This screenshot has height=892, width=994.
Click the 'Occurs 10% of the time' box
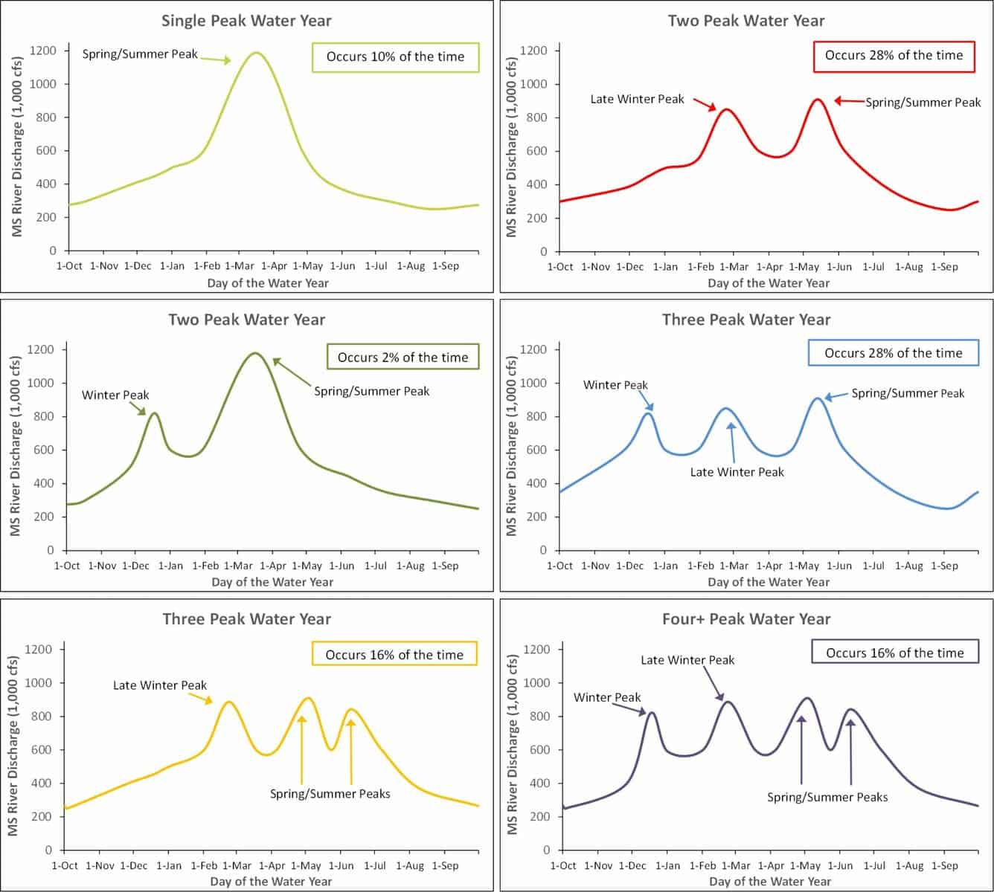395,57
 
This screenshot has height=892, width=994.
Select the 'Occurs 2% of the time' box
403,357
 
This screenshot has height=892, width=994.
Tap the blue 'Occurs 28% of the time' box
894,353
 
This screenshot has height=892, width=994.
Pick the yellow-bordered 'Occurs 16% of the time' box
394,654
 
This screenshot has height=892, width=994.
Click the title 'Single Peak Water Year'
247,21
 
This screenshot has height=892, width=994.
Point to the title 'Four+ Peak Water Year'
746,619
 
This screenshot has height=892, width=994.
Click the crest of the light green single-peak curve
256,53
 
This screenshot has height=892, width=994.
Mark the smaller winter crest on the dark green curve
155,413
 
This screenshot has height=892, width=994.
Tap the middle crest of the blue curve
726,409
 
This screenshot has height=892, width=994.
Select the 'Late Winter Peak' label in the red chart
637,99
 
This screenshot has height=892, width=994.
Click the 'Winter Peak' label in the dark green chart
115,395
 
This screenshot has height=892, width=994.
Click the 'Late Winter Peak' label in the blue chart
737,472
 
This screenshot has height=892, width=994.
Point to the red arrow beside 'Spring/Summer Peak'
849,101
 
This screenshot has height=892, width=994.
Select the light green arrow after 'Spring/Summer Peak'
215,59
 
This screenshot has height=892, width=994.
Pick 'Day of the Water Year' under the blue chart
769,582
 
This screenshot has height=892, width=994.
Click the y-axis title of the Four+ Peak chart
512,744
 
